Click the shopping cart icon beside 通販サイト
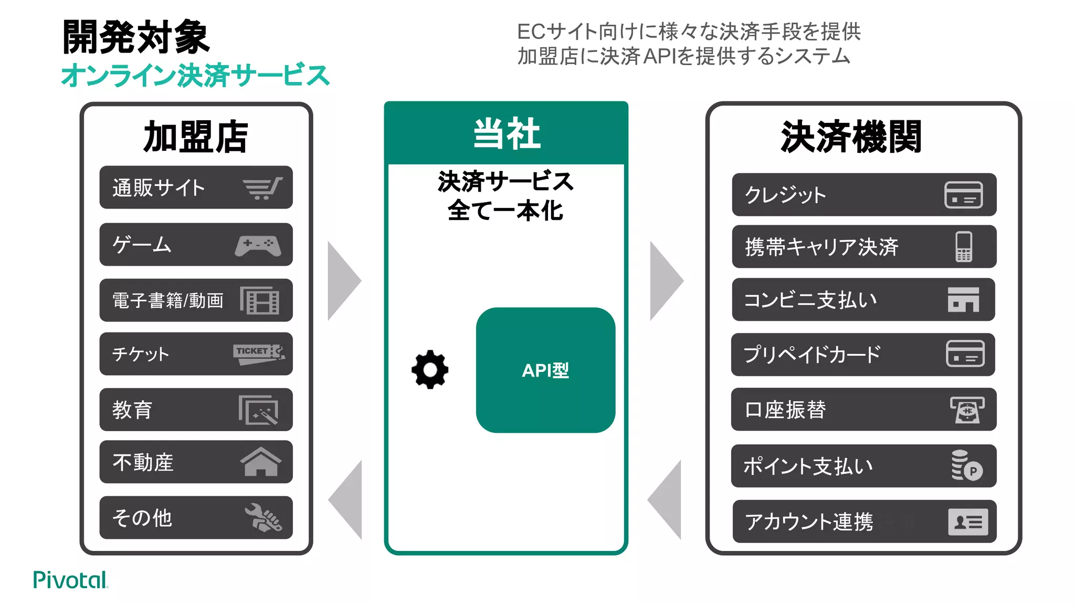[262, 188]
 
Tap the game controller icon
[258, 245]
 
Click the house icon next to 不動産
[260, 462]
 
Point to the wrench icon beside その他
[263, 518]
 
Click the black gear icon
[430, 370]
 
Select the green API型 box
[545, 370]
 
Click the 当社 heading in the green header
[506, 134]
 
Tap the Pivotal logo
[70, 580]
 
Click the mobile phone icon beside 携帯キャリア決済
[963, 246]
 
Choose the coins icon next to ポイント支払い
[966, 465]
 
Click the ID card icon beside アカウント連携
[967, 521]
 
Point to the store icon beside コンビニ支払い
[963, 299]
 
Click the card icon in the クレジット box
[963, 195]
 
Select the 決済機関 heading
[851, 137]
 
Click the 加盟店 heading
[196, 137]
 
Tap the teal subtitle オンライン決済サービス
[195, 75]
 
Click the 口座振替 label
[785, 410]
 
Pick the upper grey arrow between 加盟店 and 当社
[343, 281]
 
